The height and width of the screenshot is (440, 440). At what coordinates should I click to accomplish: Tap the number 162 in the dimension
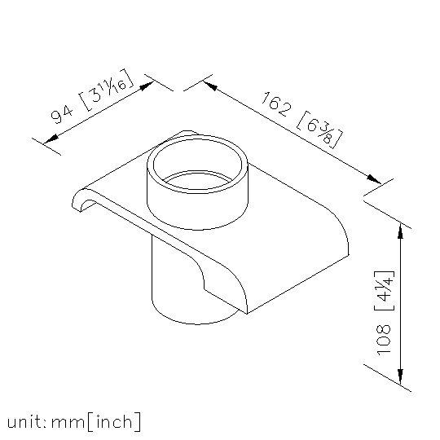(277, 103)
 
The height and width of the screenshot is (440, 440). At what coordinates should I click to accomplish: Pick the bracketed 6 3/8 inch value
(319, 130)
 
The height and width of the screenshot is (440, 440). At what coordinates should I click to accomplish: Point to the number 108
(383, 340)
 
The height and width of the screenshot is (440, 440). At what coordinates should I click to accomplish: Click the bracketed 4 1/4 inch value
(385, 291)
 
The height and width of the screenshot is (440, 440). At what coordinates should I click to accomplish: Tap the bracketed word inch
(114, 421)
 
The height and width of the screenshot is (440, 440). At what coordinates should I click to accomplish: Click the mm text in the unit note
(68, 423)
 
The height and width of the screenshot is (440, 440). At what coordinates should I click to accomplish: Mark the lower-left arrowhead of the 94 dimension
(51, 139)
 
